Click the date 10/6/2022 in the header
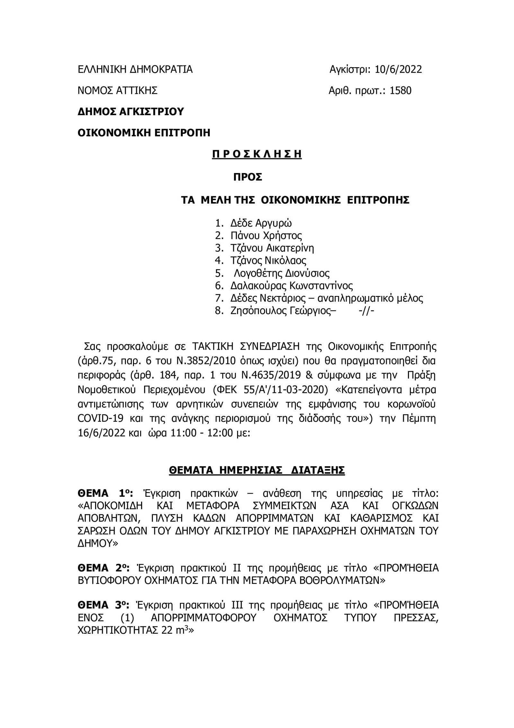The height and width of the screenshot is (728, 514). (x=398, y=69)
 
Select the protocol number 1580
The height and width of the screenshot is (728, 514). (x=400, y=91)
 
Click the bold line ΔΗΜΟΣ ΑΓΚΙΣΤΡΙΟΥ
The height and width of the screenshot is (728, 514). (x=131, y=112)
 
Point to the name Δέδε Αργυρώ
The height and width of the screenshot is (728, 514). (x=261, y=223)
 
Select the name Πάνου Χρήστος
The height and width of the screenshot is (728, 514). (x=266, y=235)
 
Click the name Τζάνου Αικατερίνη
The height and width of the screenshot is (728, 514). (x=272, y=248)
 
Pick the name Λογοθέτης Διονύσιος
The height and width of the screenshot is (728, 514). (x=281, y=273)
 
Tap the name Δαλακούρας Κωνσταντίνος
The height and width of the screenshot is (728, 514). (x=291, y=286)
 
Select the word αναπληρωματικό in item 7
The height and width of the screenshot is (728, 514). (x=352, y=298)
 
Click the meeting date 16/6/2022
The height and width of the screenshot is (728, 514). (x=101, y=433)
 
